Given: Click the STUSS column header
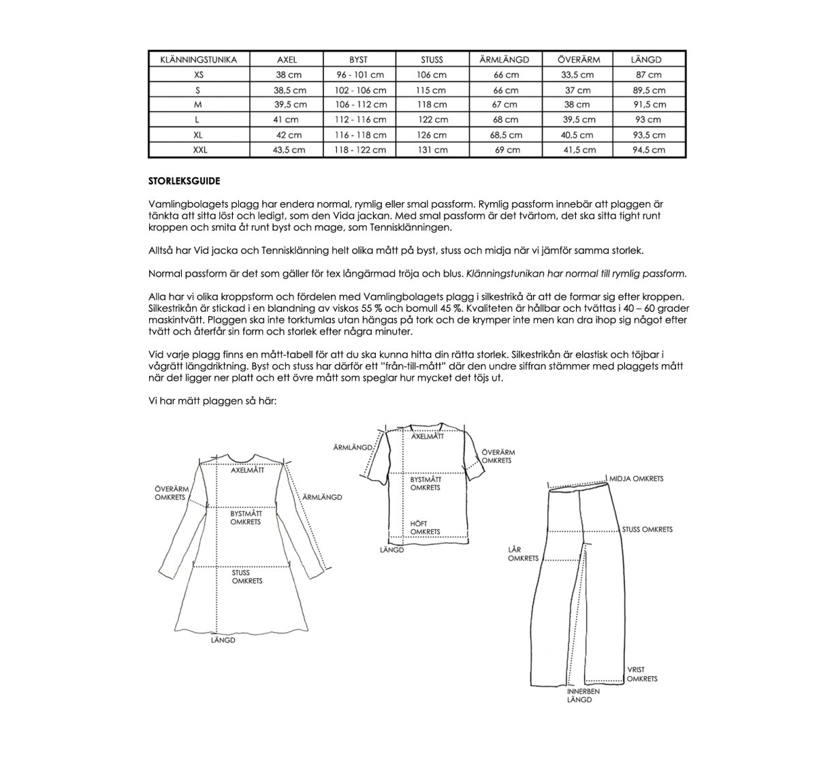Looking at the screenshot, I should [432, 59].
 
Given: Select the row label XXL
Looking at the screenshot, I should [199, 150].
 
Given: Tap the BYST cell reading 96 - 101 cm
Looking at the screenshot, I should [360, 75].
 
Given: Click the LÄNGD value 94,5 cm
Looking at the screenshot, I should [647, 150].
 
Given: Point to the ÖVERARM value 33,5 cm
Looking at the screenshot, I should [577, 75].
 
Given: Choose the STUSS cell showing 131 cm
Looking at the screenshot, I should [432, 150].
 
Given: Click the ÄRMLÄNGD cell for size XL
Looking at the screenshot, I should [506, 135].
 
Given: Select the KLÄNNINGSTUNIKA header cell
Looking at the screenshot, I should [199, 59].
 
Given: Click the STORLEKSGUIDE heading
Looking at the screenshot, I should [184, 181].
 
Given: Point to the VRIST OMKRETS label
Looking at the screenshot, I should [641, 674].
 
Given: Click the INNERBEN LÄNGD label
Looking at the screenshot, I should [583, 695].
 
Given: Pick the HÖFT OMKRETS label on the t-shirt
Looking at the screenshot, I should [425, 528].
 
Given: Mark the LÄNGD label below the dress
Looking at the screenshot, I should [223, 640].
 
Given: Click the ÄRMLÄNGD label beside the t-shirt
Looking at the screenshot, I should [352, 447].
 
